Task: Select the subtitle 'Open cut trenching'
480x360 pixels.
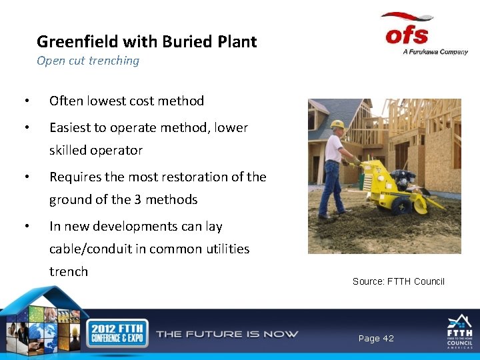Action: click(88, 61)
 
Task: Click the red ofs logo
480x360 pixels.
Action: click(407, 31)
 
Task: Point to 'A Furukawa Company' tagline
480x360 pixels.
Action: click(435, 52)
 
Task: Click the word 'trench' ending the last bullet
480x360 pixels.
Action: click(69, 271)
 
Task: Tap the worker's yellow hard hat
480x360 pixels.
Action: click(337, 125)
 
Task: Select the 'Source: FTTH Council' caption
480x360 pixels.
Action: click(398, 281)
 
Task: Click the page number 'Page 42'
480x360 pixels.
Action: click(376, 339)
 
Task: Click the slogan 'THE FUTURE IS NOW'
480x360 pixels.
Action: click(227, 333)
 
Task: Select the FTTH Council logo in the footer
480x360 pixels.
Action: click(459, 331)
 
